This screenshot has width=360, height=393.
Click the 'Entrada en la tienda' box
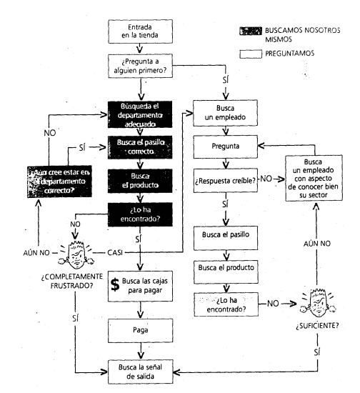(x=140, y=31)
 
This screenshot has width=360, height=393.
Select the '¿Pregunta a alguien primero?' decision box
(x=140, y=66)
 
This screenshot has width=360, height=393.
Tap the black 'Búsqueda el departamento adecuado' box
(x=140, y=114)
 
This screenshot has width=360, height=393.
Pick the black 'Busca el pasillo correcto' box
(x=140, y=147)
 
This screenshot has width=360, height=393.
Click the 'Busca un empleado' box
(x=225, y=113)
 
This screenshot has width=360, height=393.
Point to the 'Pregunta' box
(x=226, y=146)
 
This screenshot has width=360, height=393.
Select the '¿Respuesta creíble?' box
(x=226, y=181)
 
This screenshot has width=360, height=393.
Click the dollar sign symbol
(x=115, y=284)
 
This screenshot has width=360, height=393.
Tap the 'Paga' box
(x=141, y=331)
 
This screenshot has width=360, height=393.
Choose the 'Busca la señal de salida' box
(x=141, y=372)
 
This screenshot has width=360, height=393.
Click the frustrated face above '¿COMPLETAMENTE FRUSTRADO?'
(x=76, y=254)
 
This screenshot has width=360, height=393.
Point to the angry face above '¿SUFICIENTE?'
(x=318, y=303)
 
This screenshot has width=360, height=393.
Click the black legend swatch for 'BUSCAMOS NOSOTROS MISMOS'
(x=251, y=31)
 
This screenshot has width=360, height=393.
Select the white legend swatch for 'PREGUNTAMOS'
(x=251, y=54)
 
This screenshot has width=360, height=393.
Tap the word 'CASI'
(x=115, y=253)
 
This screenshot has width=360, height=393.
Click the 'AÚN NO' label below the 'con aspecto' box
(x=317, y=244)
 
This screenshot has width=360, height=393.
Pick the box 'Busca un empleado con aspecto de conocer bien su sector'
(x=314, y=178)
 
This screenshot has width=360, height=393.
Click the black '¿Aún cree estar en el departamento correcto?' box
(x=59, y=181)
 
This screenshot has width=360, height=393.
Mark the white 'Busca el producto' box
(x=226, y=272)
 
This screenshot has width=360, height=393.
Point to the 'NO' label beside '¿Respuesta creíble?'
(x=266, y=179)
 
